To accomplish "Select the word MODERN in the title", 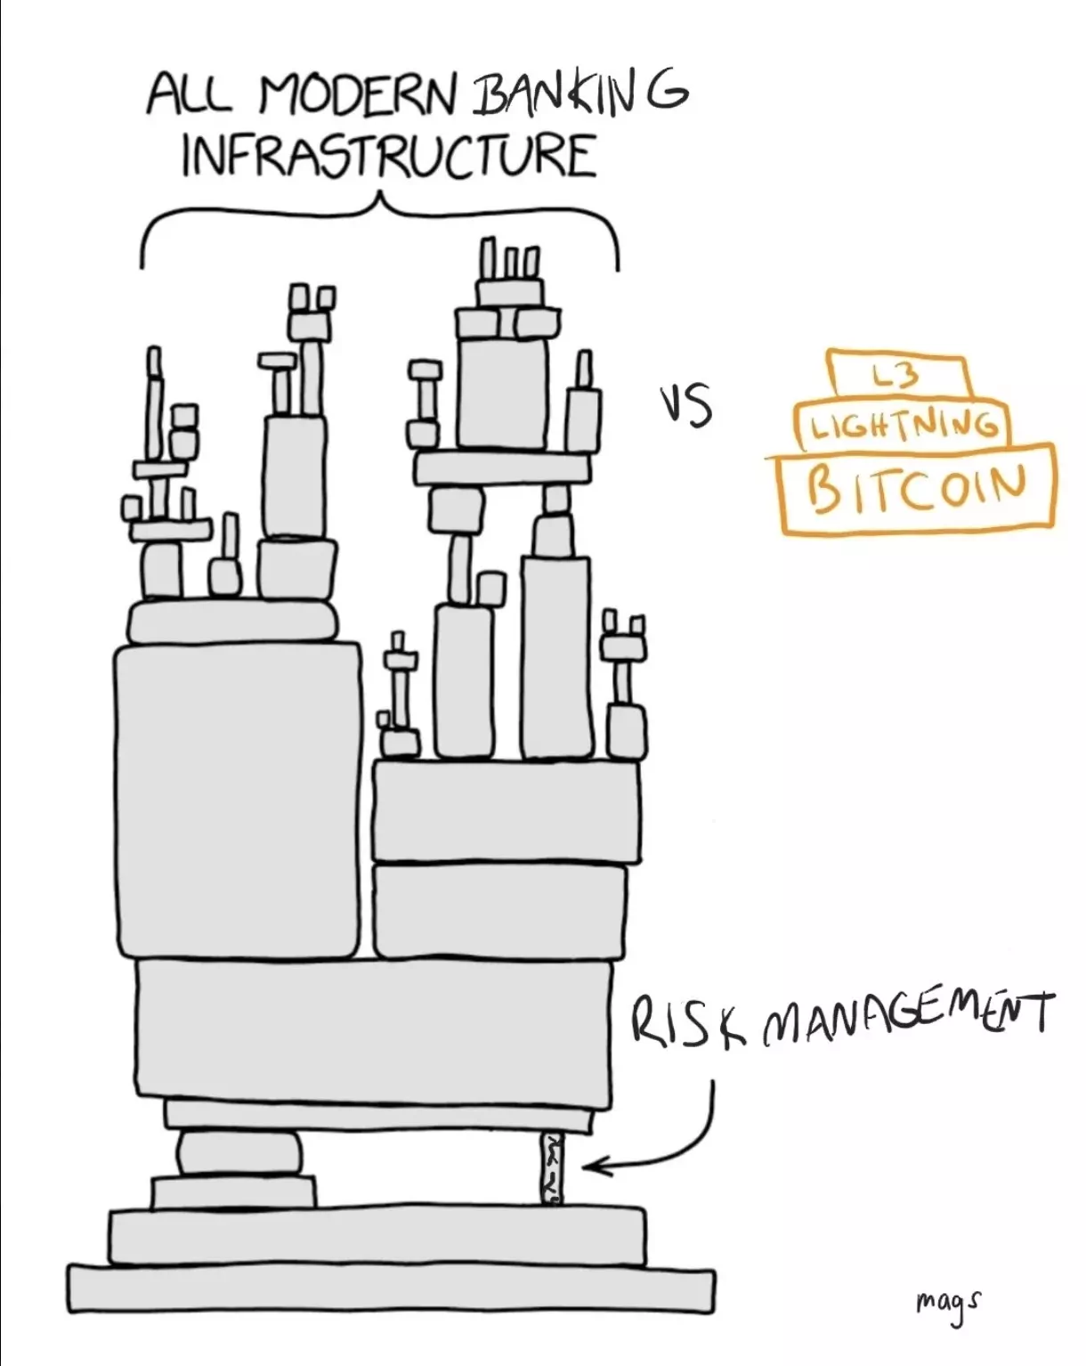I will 356,93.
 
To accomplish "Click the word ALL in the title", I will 191,93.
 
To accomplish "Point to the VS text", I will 685,405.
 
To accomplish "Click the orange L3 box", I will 899,377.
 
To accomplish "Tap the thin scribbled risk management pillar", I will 553,1167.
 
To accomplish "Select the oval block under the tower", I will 239,1152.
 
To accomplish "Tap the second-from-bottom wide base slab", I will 377,1235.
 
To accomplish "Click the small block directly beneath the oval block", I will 233,1192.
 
